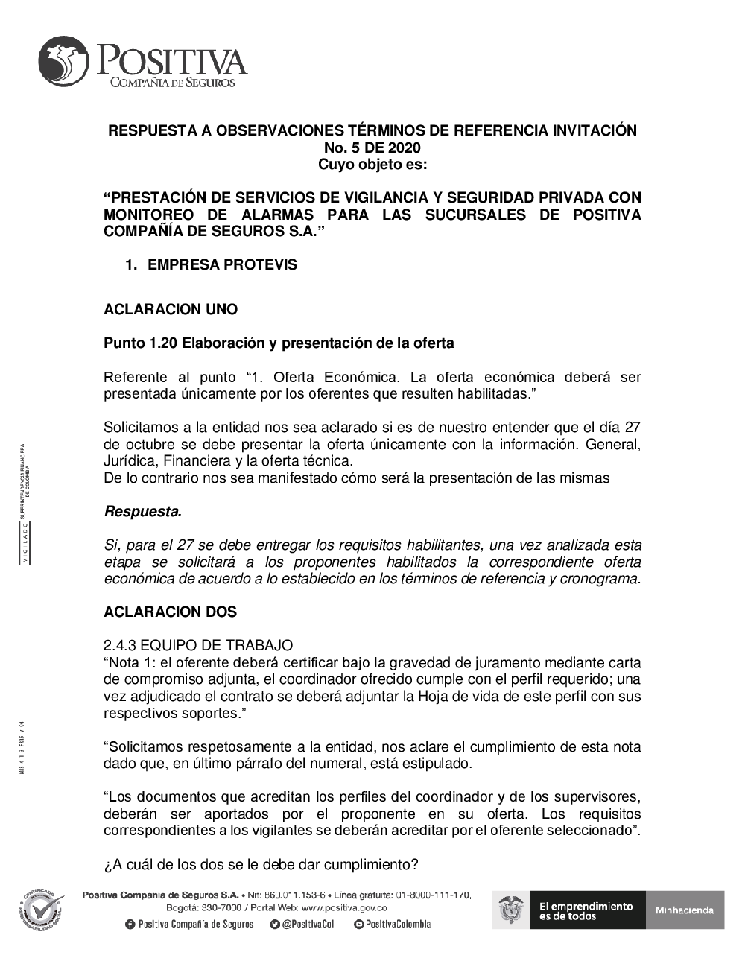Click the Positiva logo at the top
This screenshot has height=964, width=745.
pyautogui.click(x=142, y=63)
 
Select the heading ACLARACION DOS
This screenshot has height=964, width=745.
pyautogui.click(x=171, y=612)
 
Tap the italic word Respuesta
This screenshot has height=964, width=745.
pyautogui.click(x=143, y=512)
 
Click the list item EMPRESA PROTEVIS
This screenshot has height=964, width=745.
pyautogui.click(x=222, y=265)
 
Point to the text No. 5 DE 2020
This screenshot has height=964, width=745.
pyautogui.click(x=372, y=148)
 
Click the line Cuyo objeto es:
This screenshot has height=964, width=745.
pyautogui.click(x=372, y=165)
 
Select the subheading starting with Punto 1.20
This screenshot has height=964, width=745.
pyautogui.click(x=279, y=343)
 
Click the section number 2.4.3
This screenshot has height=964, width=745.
pyautogui.click(x=119, y=646)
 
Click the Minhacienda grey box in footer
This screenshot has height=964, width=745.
pyautogui.click(x=685, y=910)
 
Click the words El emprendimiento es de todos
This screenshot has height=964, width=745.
pyautogui.click(x=586, y=910)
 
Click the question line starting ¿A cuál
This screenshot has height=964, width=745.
pyautogui.click(x=261, y=865)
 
